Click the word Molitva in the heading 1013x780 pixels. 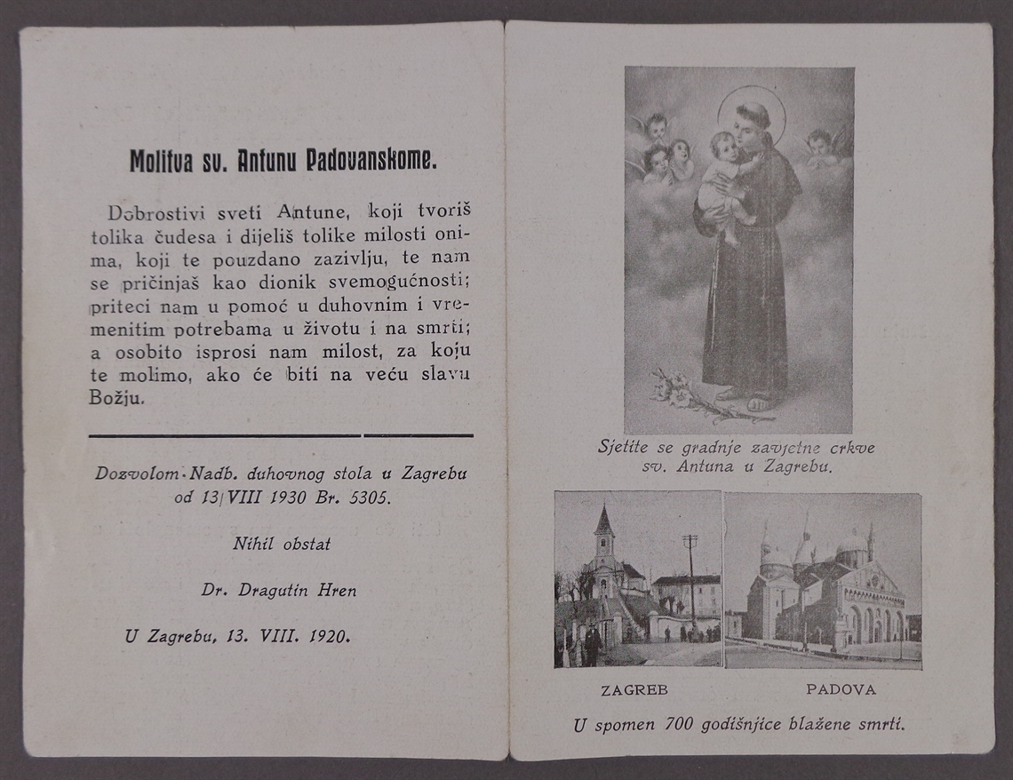157,162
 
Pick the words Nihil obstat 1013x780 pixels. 282,544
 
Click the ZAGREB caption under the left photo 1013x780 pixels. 634,689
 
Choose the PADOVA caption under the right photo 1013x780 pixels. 841,689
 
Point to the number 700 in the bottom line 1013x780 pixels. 679,725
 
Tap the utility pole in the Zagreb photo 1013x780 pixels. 690,577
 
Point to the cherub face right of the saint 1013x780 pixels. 818,142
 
